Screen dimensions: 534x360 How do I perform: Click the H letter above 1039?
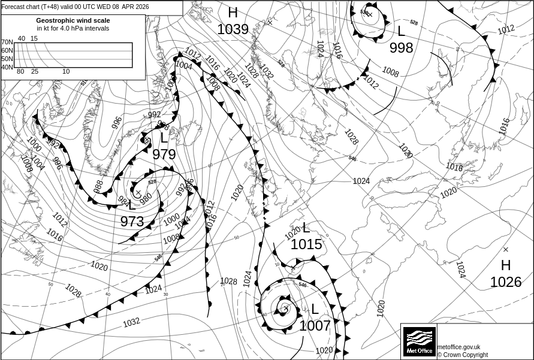point(233,13)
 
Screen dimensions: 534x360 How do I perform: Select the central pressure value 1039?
point(233,29)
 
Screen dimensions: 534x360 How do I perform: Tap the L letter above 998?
point(401,31)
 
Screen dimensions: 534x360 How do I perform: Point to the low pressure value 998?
point(401,47)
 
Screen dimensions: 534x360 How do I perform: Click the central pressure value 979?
point(164,155)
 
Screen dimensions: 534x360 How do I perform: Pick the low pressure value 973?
point(132,222)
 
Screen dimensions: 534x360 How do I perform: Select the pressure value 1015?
point(306,244)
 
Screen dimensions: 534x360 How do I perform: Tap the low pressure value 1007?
point(315,326)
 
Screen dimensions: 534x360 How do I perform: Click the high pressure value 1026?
point(505,282)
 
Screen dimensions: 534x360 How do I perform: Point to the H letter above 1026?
point(506,265)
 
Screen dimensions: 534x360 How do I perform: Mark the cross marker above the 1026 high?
point(505,249)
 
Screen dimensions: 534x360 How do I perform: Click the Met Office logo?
point(419,341)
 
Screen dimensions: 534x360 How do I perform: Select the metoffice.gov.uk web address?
point(458,347)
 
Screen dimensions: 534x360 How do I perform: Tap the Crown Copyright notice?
point(462,355)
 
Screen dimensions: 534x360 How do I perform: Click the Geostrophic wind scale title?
point(73,20)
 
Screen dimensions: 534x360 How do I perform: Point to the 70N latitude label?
point(7,43)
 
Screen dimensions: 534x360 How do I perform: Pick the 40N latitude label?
point(7,67)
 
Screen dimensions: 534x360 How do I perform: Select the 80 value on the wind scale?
point(20,72)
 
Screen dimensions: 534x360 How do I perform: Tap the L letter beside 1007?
point(314,310)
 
